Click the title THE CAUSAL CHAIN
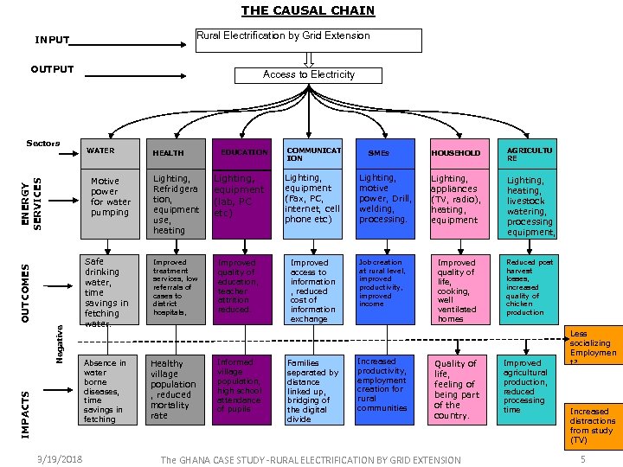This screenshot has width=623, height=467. coord(307,11)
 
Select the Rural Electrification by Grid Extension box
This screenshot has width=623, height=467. coord(308,40)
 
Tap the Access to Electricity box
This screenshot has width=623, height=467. coord(309,75)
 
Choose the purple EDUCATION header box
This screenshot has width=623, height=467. coord(242,152)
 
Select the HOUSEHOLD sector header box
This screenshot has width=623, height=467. coord(456,152)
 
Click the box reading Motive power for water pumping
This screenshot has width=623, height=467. coord(109,202)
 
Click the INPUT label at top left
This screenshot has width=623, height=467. coord(52,40)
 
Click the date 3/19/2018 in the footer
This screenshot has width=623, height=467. coord(57,458)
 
